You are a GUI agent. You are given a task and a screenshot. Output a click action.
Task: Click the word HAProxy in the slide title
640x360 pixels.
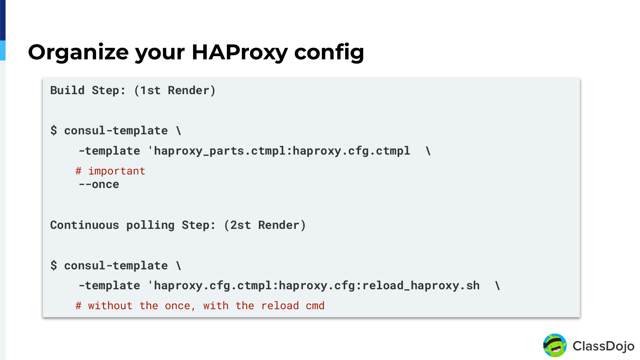(x=239, y=52)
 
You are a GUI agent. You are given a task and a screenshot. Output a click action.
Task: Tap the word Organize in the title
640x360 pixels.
(x=78, y=52)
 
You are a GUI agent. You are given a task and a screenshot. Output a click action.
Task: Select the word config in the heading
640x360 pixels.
(x=329, y=52)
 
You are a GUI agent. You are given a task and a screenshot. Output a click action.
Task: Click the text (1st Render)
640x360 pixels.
(x=175, y=90)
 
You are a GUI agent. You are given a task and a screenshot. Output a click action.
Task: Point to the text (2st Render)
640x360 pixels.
(x=265, y=225)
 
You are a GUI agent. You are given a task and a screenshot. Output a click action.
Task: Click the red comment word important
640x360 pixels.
(x=117, y=171)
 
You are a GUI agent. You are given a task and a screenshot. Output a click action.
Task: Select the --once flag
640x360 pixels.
(x=99, y=184)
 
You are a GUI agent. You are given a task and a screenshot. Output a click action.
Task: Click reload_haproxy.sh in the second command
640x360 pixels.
(x=421, y=285)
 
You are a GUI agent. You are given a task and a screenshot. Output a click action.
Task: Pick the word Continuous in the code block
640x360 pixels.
(x=85, y=225)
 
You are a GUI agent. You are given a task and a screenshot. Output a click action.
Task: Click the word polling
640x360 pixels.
(x=150, y=225)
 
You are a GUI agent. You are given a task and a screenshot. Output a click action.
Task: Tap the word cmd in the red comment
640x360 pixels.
(x=315, y=306)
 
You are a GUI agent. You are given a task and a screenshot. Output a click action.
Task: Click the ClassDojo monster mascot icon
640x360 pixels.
(x=555, y=345)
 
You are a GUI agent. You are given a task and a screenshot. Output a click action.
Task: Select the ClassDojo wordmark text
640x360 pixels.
(x=603, y=346)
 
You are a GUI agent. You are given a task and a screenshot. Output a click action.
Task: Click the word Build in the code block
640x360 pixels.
(x=67, y=90)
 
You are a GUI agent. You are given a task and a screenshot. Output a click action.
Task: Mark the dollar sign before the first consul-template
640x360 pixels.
(x=54, y=130)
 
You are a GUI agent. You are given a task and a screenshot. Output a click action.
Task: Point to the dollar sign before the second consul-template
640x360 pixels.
(x=54, y=265)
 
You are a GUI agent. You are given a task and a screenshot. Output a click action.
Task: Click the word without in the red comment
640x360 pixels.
(x=110, y=306)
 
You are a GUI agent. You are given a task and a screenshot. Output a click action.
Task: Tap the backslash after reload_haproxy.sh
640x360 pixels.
(x=497, y=285)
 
